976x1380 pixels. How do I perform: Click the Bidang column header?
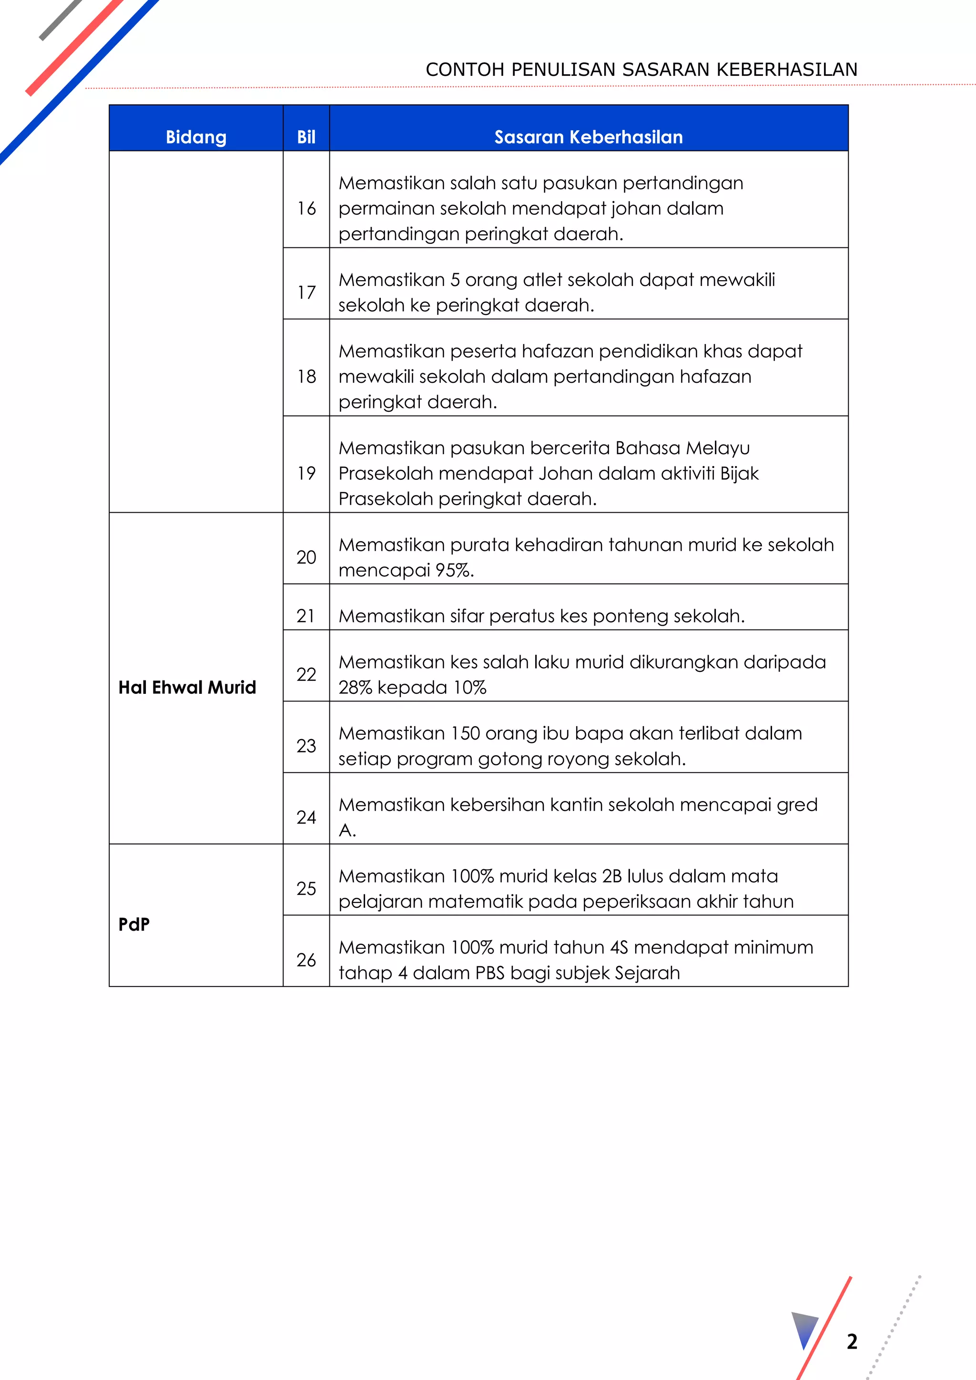click(x=196, y=137)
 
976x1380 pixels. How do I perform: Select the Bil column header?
click(x=306, y=137)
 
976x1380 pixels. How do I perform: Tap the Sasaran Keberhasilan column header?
click(x=589, y=137)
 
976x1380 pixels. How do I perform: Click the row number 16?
click(x=306, y=209)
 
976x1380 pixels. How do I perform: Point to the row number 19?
click(x=306, y=473)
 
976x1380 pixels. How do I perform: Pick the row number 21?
click(x=306, y=616)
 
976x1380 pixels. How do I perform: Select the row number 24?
click(x=306, y=817)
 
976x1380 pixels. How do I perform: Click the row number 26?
click(x=306, y=959)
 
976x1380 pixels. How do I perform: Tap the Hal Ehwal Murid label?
click(x=187, y=687)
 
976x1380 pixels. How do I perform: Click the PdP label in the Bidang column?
click(x=133, y=924)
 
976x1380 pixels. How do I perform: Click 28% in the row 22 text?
click(x=355, y=687)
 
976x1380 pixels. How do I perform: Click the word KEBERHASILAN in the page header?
click(x=787, y=70)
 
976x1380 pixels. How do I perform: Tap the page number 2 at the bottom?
click(x=852, y=1341)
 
